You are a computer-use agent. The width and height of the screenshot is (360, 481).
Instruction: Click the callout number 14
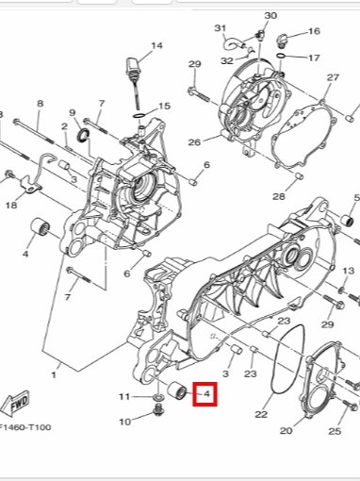(x=156, y=46)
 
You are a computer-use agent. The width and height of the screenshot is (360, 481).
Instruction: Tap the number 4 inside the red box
(x=206, y=393)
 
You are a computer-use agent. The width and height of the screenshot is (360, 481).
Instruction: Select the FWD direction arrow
(x=15, y=404)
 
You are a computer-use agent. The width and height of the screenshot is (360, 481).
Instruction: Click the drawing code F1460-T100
(x=25, y=427)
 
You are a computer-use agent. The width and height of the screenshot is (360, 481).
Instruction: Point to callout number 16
(x=314, y=31)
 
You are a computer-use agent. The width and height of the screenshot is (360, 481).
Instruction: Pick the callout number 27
(x=333, y=77)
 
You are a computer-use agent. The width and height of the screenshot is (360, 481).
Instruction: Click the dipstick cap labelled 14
(x=133, y=67)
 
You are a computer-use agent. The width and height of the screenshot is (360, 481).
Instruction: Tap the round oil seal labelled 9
(x=84, y=135)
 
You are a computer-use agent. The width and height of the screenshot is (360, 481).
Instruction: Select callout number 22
(x=261, y=414)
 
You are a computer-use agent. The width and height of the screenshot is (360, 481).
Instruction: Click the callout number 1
(x=54, y=374)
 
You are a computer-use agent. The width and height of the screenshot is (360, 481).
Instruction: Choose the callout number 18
(x=11, y=206)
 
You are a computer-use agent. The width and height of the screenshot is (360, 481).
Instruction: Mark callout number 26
(x=194, y=142)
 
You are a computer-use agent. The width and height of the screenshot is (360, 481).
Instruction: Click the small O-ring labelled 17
(x=281, y=56)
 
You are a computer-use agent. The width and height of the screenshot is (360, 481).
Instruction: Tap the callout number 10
(x=124, y=422)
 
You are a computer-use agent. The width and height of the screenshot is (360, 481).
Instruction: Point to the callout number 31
(x=221, y=28)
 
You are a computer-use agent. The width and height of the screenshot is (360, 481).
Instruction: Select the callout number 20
(x=286, y=430)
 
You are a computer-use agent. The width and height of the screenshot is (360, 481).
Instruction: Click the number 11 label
(x=124, y=397)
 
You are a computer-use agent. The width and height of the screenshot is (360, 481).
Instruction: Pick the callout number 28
(x=279, y=196)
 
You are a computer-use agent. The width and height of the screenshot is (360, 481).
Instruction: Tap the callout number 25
(x=335, y=431)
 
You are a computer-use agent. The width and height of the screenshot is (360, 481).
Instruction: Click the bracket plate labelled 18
(x=31, y=186)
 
